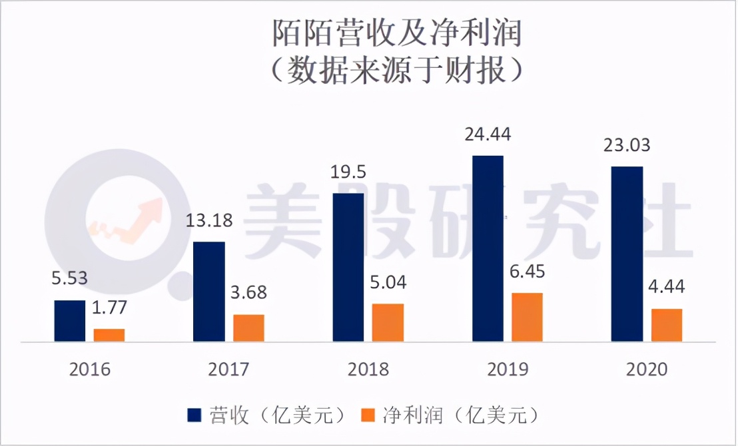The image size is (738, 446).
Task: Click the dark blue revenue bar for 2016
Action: [x=69, y=321]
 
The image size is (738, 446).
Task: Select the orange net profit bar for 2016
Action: [x=109, y=335]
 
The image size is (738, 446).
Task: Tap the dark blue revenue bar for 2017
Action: [x=208, y=292]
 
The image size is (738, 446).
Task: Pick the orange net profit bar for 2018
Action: [x=388, y=323]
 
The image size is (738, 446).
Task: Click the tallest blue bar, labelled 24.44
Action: [x=488, y=248]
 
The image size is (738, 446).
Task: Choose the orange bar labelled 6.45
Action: [x=527, y=317]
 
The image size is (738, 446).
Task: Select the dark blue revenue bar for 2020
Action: [x=627, y=254]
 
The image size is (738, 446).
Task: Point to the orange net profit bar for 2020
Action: [x=667, y=325]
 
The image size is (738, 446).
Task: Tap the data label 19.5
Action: [x=348, y=172]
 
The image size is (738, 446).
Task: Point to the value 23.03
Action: [x=627, y=144]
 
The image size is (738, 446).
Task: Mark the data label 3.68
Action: [x=249, y=294]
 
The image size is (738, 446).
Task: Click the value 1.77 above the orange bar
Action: [x=109, y=308]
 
